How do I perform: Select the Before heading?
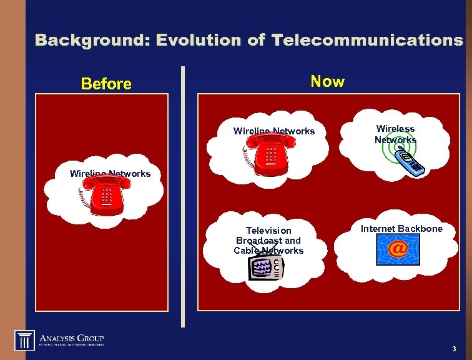point(106,84)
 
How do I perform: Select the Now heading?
point(327,81)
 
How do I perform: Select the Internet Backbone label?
point(401,229)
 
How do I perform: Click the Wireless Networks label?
point(395,134)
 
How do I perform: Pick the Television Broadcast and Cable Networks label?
point(268,241)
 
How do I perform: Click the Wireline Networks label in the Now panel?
point(274,131)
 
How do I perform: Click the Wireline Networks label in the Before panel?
point(110,174)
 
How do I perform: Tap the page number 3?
point(454,348)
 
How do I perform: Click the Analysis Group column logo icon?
point(24,340)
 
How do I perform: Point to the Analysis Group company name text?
point(72,335)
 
